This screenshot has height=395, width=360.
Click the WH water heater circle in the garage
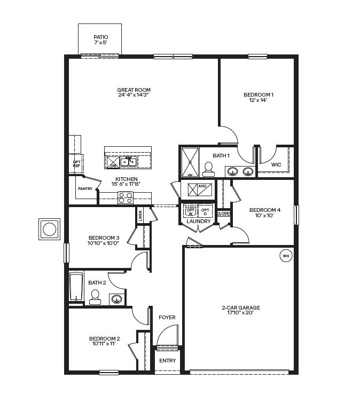286,256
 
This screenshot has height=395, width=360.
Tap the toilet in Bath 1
208,169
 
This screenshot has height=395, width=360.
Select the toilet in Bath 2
95,297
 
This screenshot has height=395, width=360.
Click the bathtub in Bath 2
76,287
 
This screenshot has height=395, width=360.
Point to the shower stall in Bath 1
190,162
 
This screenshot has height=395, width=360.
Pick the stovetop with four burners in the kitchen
126,198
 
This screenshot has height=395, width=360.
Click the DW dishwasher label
113,165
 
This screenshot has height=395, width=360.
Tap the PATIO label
101,37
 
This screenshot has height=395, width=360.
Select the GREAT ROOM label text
134,90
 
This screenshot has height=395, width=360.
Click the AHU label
202,186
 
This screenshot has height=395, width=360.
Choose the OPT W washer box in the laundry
191,211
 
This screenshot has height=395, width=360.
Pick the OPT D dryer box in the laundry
205,211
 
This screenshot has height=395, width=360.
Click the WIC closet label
276,165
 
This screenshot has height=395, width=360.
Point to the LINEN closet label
140,216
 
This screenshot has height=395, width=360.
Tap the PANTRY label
85,188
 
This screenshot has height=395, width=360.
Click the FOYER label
167,318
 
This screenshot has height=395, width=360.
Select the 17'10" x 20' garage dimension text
240,313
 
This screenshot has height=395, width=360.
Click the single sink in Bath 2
117,299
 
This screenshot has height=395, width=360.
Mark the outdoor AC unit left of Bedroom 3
50,229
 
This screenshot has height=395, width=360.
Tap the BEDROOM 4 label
265,210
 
